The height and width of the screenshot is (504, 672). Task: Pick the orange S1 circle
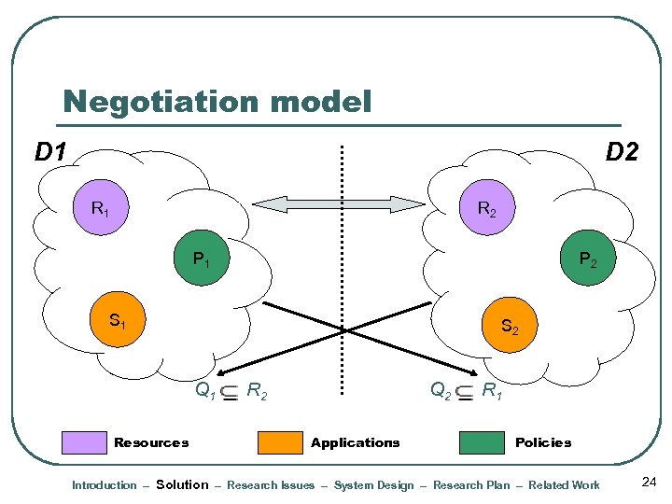coord(117,321)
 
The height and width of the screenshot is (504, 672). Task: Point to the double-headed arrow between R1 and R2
coord(340,204)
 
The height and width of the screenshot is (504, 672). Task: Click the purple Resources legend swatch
coord(84,442)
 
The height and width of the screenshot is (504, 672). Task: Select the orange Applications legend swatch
coord(280,442)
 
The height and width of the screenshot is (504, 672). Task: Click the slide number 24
coord(650,483)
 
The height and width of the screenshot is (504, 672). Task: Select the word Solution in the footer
coord(182,484)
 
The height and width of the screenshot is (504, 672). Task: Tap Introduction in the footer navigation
coord(105,485)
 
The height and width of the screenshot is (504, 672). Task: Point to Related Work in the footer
coord(565,485)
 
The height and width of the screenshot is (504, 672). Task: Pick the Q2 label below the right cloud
coord(441,391)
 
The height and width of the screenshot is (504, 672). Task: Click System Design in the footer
coord(373,485)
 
